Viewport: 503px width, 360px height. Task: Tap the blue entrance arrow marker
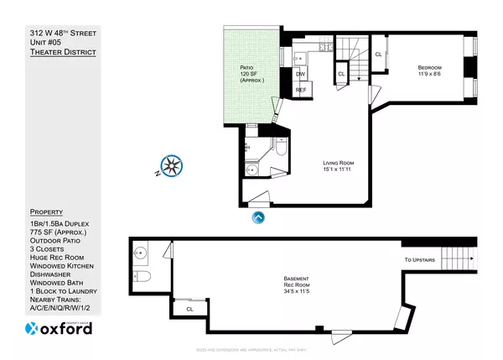pyautogui.click(x=258, y=217)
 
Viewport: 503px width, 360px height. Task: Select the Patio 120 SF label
pyautogui.click(x=246, y=75)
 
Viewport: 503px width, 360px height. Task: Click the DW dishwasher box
pyautogui.click(x=300, y=74)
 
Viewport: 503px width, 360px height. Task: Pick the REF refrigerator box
pyautogui.click(x=301, y=90)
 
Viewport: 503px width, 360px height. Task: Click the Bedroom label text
pyautogui.click(x=431, y=71)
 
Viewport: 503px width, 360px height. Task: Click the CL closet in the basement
pyautogui.click(x=190, y=310)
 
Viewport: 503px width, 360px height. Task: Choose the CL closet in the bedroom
pyautogui.click(x=379, y=55)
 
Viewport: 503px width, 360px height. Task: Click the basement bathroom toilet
pyautogui.click(x=143, y=277)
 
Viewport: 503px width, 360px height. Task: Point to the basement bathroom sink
pyautogui.click(x=141, y=251)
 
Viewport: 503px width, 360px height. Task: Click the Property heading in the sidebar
pyautogui.click(x=46, y=211)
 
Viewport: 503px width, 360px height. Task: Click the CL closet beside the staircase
pyautogui.click(x=341, y=74)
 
